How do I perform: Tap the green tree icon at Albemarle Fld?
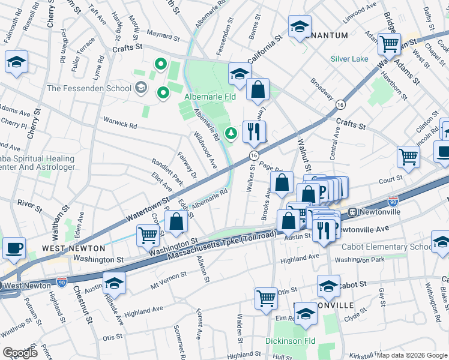[x=229, y=133]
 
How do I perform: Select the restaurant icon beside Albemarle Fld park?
[x=254, y=131]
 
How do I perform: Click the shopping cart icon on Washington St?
[x=148, y=235]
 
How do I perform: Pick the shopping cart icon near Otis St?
[x=266, y=298]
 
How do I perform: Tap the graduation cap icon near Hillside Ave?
[x=114, y=283]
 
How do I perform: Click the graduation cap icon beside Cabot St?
[x=328, y=286]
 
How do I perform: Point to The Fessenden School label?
[x=89, y=88]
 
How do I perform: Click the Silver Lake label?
[x=349, y=59]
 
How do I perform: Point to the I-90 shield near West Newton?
[x=61, y=280]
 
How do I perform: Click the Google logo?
[x=21, y=352]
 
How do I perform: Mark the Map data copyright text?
[x=411, y=355]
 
